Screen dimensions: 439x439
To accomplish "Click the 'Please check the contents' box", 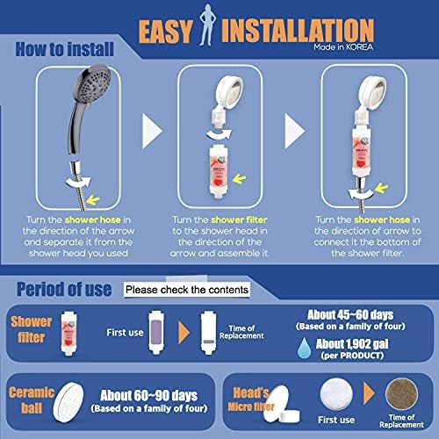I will point(187,289).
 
